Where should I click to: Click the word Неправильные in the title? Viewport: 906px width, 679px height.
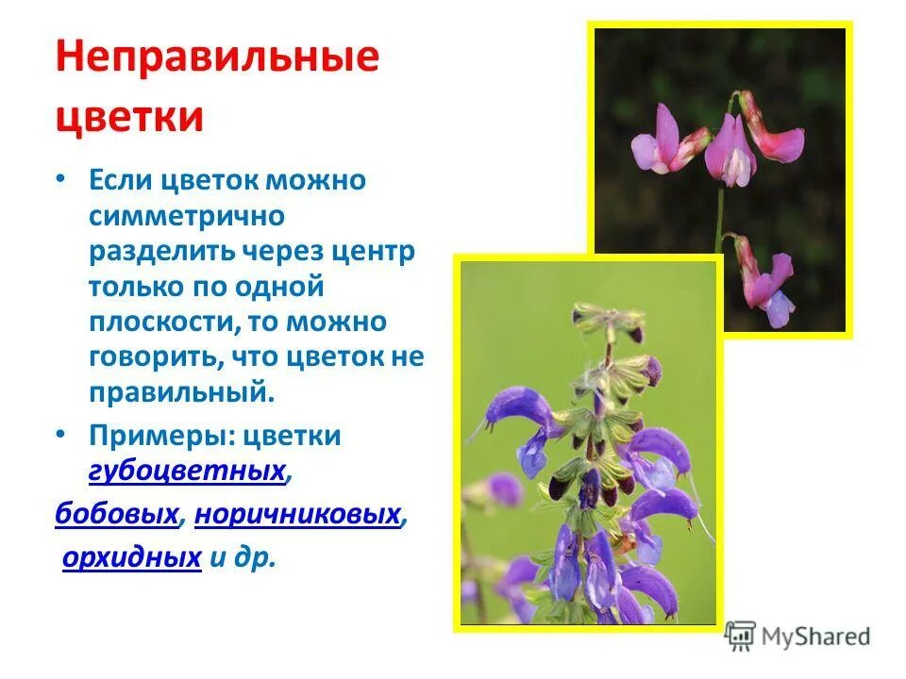click(217, 58)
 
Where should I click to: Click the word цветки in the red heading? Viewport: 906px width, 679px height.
click(129, 117)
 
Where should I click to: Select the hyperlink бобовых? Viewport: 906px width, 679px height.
click(117, 514)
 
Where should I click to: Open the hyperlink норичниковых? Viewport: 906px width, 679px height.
click(297, 514)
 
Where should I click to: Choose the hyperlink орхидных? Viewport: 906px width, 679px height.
click(132, 557)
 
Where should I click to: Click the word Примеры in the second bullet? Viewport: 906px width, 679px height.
click(158, 436)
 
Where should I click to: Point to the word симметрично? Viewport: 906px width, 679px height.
click(187, 215)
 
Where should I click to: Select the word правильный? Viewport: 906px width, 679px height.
click(181, 391)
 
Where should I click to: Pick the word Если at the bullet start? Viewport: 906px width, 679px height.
click(122, 179)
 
